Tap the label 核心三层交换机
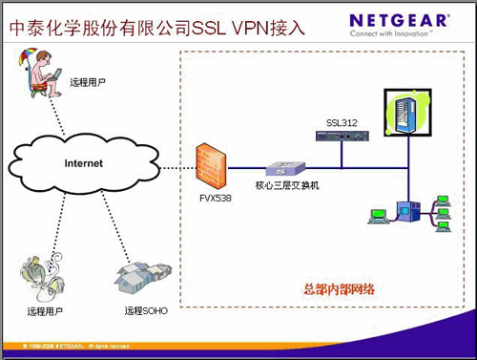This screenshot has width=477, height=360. (x=287, y=184)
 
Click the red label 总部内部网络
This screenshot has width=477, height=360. (x=335, y=289)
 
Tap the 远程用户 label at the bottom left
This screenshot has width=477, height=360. (x=46, y=311)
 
